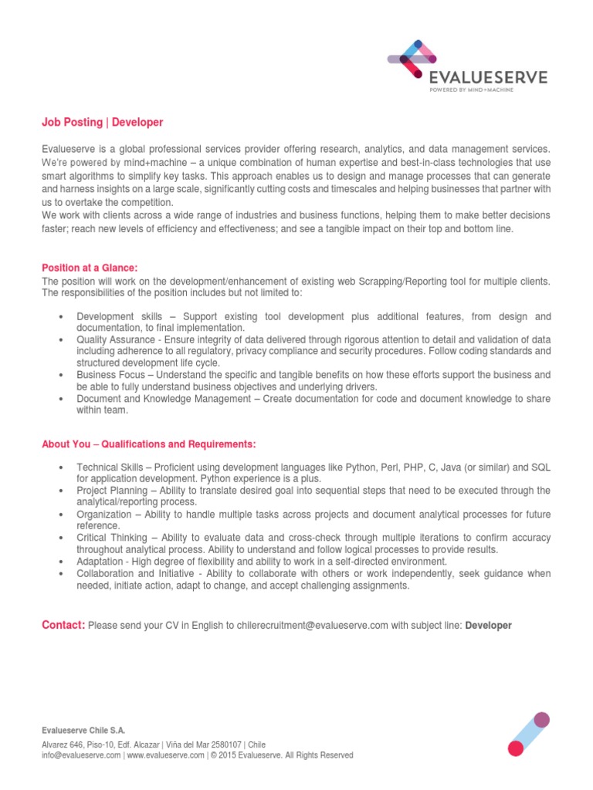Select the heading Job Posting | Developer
102,123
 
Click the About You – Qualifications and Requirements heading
147,444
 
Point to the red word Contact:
63,625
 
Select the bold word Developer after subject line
488,626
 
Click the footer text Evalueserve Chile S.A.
82,730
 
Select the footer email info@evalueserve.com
81,755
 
